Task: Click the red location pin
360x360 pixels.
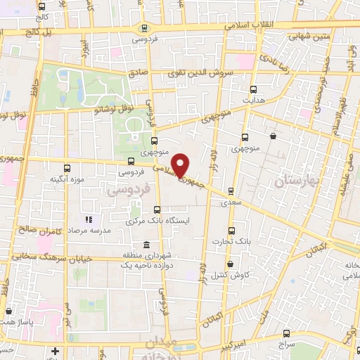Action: click(x=181, y=166)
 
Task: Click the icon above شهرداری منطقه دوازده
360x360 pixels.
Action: click(x=146, y=245)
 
